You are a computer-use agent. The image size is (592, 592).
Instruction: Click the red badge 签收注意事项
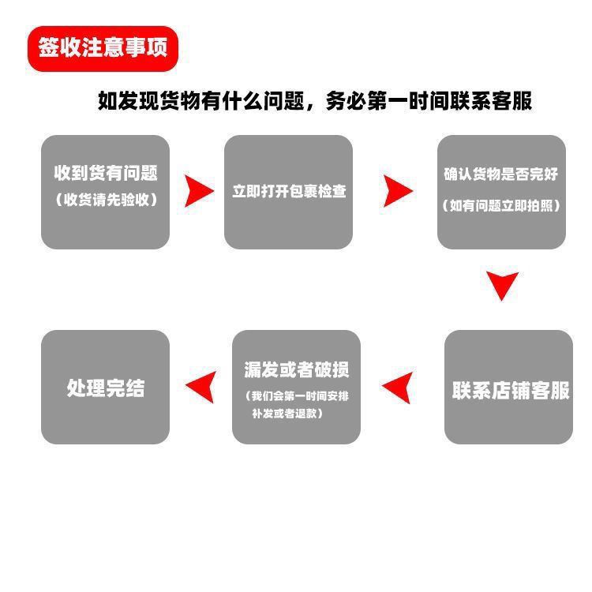103,48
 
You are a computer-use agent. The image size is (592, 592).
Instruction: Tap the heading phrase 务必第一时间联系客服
427,101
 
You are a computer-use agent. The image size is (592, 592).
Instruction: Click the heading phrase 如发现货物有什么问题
205,101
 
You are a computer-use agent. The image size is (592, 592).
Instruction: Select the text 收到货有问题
106,173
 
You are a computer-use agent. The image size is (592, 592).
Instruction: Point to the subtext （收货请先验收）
106,200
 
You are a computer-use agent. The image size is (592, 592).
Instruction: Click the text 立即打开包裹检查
289,191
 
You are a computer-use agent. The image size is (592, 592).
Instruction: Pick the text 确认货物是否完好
502,175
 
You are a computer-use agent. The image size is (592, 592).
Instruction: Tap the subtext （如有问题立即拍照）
502,205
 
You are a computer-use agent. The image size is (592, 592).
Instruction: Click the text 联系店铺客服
510,390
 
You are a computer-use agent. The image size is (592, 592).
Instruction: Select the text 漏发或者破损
296,369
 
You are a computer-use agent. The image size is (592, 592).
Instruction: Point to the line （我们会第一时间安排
296,395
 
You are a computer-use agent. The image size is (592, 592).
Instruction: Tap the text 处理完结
106,388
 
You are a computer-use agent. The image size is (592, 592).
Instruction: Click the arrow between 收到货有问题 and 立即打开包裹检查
198,191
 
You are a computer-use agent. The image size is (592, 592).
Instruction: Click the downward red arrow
502,285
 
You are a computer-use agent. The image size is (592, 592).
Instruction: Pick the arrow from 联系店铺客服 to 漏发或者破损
398,387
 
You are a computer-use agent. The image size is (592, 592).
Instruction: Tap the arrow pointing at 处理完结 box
200,387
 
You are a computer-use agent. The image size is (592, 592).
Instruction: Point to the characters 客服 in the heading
512,101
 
